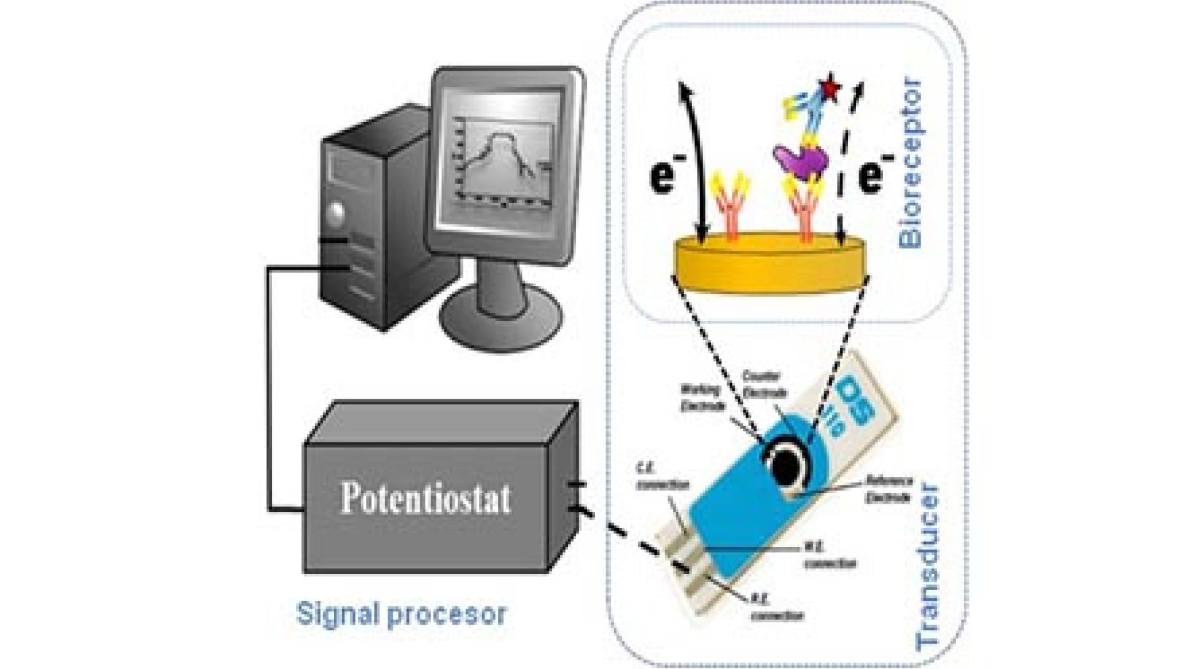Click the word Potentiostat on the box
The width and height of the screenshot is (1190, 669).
pos(425,498)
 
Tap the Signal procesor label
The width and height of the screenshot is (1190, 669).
pos(401,613)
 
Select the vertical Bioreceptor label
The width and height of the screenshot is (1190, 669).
pos(910,163)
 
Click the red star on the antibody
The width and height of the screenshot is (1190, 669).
pos(830,88)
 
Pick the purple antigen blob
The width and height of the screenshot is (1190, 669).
pos(801,160)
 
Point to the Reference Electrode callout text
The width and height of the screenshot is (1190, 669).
pos(889,489)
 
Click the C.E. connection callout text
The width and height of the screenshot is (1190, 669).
pos(662,476)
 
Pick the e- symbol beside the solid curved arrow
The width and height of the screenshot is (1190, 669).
pos(664,175)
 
